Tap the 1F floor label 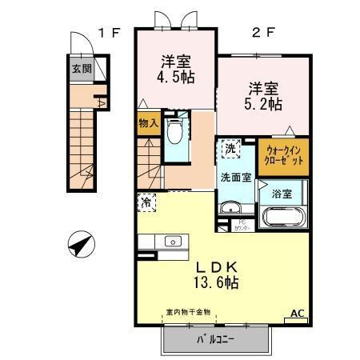tap(109, 33)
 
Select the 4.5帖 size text tap(177, 78)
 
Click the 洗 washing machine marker tap(230, 148)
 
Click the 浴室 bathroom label tap(281, 193)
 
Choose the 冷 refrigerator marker tap(146, 203)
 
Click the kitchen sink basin tap(171, 241)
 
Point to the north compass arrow tap(79, 243)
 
